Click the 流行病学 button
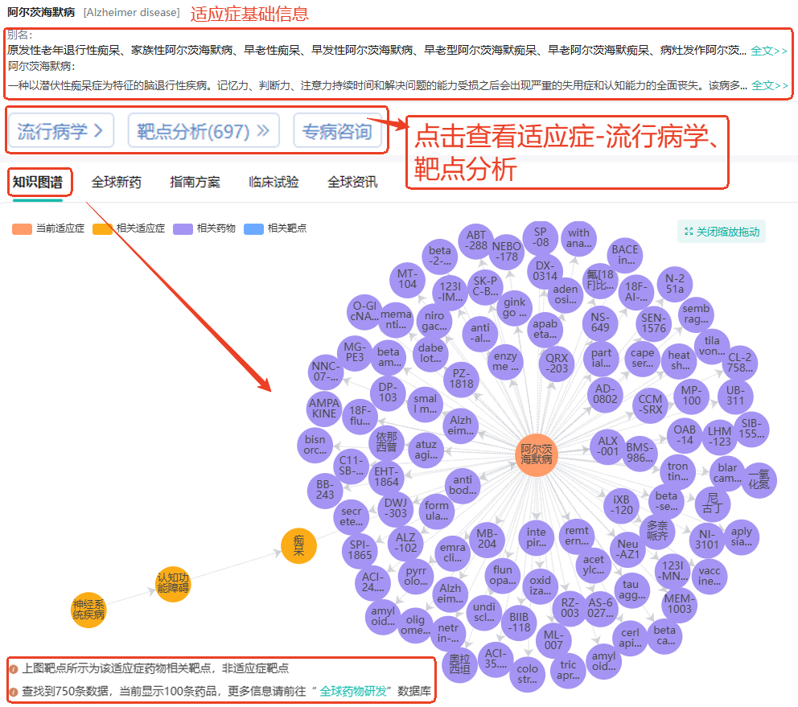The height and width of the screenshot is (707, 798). [x=60, y=131]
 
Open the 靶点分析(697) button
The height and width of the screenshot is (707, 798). [x=203, y=131]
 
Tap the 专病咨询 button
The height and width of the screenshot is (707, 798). [x=338, y=131]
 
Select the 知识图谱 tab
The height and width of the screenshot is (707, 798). [x=37, y=182]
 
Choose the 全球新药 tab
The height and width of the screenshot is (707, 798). [x=116, y=182]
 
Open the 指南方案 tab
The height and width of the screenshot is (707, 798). [x=195, y=182]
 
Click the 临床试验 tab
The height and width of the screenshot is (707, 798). [x=274, y=182]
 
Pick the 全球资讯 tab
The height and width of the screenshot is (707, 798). [x=352, y=182]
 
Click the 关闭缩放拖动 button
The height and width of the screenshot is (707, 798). [x=722, y=232]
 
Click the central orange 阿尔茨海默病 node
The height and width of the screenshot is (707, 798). [x=537, y=454]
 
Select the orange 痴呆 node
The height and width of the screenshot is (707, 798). [x=298, y=546]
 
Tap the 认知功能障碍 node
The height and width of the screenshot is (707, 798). [x=173, y=583]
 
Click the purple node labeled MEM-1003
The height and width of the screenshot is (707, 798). [x=679, y=603]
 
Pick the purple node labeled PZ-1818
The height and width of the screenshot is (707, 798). [x=462, y=378]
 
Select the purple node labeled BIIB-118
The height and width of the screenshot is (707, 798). [x=520, y=622]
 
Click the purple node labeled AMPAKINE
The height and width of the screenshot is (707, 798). [x=324, y=407]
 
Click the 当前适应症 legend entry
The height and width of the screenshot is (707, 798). [x=49, y=228]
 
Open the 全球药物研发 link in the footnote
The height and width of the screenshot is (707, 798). [x=354, y=691]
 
